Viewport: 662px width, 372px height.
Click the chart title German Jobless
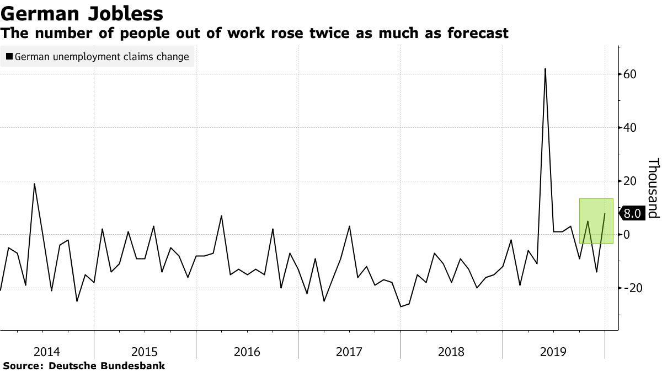tap(82, 13)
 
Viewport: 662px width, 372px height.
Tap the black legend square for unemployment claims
tap(9, 56)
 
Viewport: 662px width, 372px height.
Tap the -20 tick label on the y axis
tap(629, 288)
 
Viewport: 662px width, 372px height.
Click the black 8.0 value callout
tap(632, 214)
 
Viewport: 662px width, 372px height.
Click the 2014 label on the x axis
tap(47, 351)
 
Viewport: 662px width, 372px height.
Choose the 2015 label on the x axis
tap(145, 351)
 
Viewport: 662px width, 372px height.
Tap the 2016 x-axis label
tap(247, 351)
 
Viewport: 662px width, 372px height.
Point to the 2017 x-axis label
tap(349, 351)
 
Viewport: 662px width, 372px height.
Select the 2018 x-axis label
tap(451, 351)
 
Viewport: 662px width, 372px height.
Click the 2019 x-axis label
tap(553, 351)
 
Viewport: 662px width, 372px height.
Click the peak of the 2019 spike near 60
tap(545, 69)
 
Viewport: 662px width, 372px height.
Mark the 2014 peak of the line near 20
tap(34, 184)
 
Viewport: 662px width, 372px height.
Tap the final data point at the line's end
tap(605, 213)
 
